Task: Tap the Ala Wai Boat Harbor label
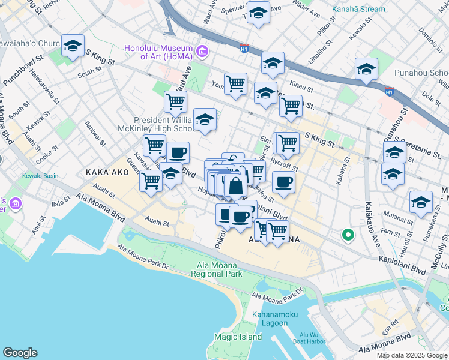312,338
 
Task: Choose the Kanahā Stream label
360,10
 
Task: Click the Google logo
20,353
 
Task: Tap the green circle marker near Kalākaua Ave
347,235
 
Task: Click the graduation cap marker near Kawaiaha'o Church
73,46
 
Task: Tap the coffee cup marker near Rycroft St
283,181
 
